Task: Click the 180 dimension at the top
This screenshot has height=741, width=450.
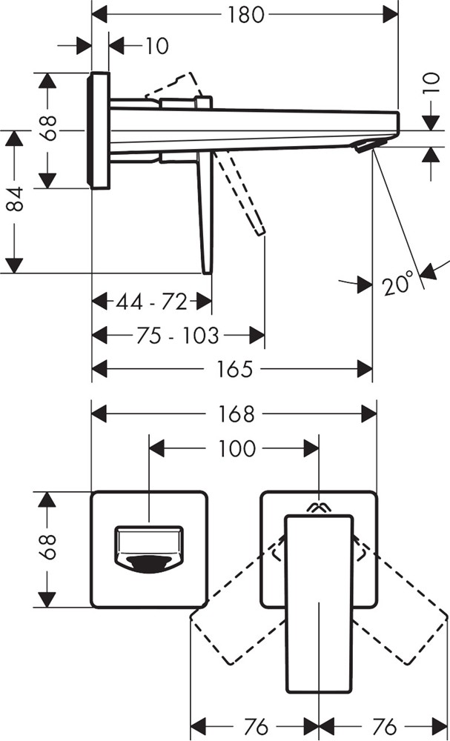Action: click(246, 14)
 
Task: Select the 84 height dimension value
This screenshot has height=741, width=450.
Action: click(16, 201)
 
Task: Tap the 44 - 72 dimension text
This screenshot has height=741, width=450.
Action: click(151, 302)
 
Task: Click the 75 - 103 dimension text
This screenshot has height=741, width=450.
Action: click(178, 336)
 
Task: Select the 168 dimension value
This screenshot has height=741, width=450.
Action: click(235, 413)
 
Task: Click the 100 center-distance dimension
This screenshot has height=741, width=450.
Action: click(237, 448)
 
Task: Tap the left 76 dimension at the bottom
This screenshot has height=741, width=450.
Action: click(254, 725)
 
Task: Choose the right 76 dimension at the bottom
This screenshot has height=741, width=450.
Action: click(383, 725)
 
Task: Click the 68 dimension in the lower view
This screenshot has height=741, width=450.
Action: click(47, 549)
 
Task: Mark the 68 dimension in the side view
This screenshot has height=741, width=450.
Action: click(47, 130)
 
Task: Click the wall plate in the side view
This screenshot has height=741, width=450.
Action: click(99, 130)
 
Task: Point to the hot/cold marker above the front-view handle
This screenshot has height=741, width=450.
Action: click(319, 508)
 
